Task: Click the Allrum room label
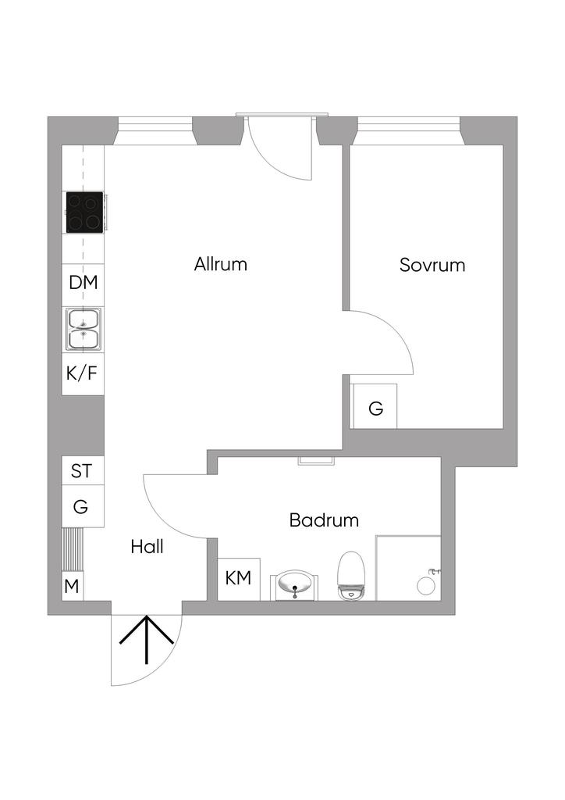tap(221, 264)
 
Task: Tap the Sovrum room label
tap(432, 266)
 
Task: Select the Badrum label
tap(324, 520)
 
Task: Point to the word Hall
tap(147, 547)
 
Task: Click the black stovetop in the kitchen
tap(84, 212)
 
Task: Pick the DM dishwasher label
tap(83, 282)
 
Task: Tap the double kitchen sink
tap(83, 329)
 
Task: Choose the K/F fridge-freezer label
tap(81, 373)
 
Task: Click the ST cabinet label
tap(81, 471)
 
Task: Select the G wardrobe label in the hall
tap(80, 506)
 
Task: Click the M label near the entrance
tap(72, 587)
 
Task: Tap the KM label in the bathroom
tap(239, 578)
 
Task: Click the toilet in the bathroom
tap(351, 575)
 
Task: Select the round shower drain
tap(426, 586)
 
